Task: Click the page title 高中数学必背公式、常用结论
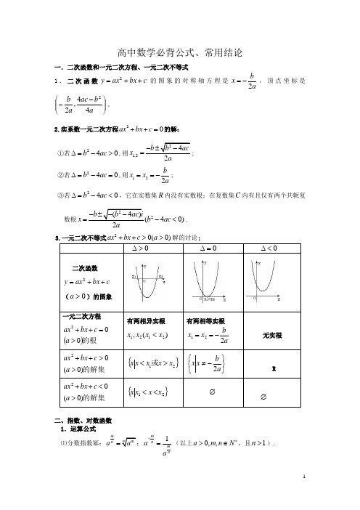point(179,53)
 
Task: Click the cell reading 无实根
point(271,336)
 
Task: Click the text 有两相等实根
point(206,321)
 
